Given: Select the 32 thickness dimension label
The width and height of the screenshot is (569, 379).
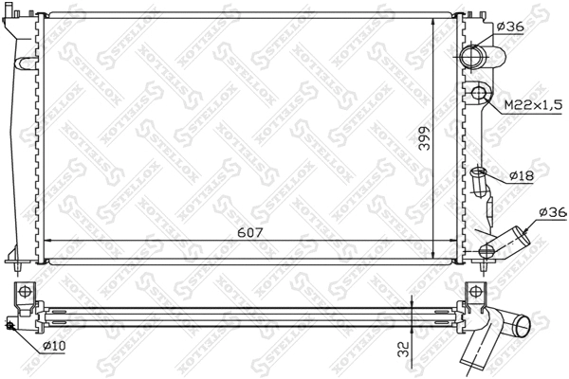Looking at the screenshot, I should tap(405, 348).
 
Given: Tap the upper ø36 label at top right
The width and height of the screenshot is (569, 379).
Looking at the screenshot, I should tap(510, 27).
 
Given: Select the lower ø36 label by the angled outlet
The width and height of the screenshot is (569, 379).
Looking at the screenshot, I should tap(551, 212).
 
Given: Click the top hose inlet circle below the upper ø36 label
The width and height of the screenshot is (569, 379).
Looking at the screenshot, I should tap(474, 58).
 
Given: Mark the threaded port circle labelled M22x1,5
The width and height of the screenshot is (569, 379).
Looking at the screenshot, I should tap(481, 94).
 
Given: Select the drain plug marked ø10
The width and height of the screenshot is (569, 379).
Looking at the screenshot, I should tap(10, 327).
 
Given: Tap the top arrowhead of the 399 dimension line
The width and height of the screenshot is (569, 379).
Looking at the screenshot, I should tap(434, 18).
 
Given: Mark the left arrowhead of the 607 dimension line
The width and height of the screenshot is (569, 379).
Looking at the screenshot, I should tap(48, 238).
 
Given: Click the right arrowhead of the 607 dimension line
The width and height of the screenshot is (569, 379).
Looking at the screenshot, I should tap(450, 238).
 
